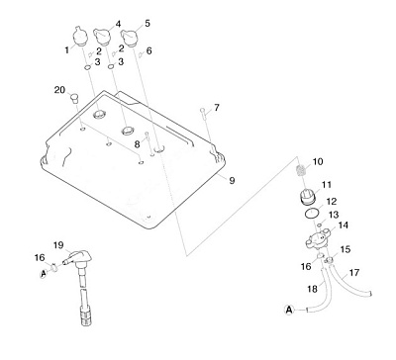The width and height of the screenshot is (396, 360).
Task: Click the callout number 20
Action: tap(59, 90)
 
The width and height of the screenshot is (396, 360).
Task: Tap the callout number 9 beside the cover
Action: tap(232, 180)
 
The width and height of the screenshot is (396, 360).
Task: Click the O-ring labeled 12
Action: tap(311, 213)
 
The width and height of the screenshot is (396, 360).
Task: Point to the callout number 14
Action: tap(343, 225)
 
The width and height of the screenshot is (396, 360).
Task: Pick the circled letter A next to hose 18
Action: tap(289, 310)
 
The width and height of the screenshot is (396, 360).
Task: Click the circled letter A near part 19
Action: tap(44, 273)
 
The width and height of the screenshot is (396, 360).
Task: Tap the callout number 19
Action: tap(58, 245)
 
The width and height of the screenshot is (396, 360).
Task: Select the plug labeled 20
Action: tap(75, 98)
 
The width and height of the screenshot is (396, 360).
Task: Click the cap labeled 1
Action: tap(80, 36)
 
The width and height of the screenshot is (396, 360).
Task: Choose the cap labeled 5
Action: tap(129, 37)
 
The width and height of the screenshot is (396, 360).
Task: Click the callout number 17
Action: tap(354, 273)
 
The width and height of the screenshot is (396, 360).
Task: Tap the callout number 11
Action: tap(327, 184)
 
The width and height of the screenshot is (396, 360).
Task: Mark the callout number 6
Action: tap(148, 50)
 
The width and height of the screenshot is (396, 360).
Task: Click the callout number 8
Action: tap(137, 144)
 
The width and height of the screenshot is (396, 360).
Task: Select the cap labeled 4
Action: tap(103, 37)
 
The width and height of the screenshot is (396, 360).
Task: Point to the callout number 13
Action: tap(334, 215)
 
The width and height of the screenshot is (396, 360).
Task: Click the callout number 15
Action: tap(346, 249)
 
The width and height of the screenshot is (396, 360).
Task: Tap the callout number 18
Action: tap(312, 289)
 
